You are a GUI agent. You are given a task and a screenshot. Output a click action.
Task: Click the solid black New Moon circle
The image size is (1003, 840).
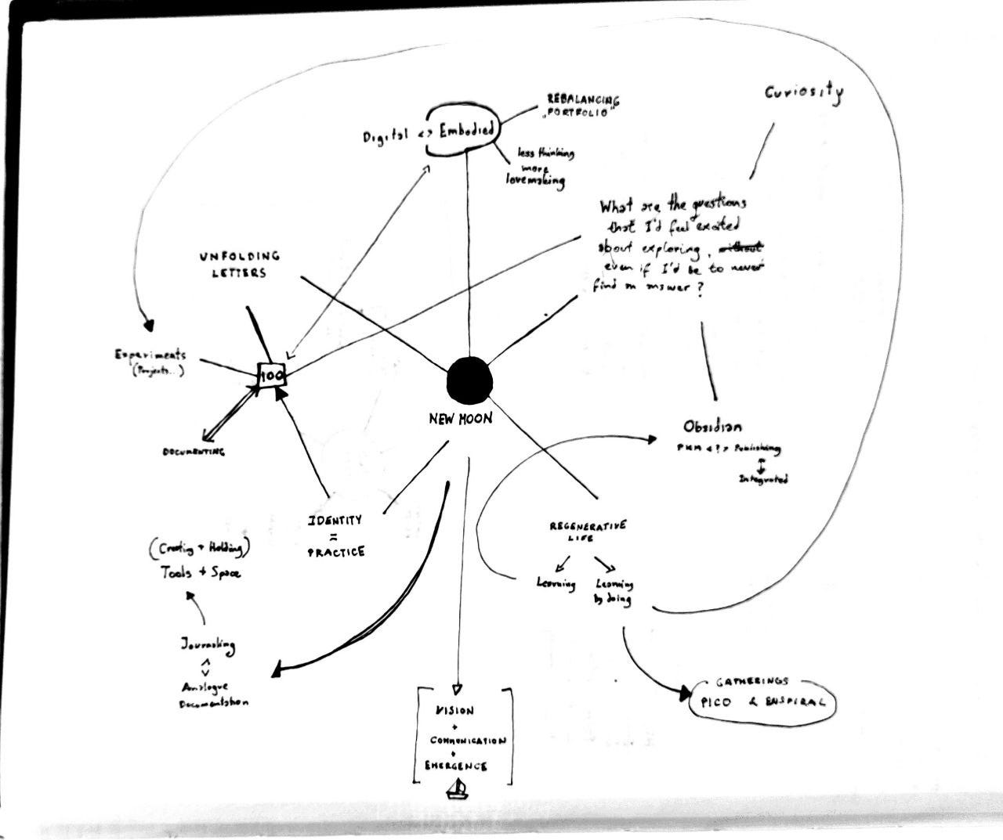469,381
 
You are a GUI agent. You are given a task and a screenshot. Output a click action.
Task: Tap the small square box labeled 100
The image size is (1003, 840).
272,375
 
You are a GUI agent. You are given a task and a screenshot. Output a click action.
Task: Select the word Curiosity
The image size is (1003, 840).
804,93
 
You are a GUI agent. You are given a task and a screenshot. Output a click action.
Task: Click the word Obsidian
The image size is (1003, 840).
712,427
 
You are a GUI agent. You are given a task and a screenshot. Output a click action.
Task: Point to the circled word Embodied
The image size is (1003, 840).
466,130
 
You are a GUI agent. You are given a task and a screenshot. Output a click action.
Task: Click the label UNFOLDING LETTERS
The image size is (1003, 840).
239,265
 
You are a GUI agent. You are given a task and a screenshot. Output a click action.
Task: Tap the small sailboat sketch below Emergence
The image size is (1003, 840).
457,790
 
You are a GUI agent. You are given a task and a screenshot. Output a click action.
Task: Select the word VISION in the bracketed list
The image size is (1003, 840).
454,711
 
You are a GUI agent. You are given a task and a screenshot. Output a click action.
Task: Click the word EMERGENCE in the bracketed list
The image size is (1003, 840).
455,766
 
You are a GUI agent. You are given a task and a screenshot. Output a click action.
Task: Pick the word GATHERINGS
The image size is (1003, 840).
752,682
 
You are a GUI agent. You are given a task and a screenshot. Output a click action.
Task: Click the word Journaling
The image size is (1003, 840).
208,645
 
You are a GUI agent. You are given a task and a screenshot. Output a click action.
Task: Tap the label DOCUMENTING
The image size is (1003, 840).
193,452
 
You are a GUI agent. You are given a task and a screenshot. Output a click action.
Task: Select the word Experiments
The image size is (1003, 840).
150,355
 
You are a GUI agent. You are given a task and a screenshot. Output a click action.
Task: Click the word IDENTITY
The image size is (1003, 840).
335,520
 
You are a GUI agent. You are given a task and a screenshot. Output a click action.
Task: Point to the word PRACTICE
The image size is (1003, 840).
335,552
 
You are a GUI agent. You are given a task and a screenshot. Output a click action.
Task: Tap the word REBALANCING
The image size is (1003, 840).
582,100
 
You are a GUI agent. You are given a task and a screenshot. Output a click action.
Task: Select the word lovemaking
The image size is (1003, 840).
535,180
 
